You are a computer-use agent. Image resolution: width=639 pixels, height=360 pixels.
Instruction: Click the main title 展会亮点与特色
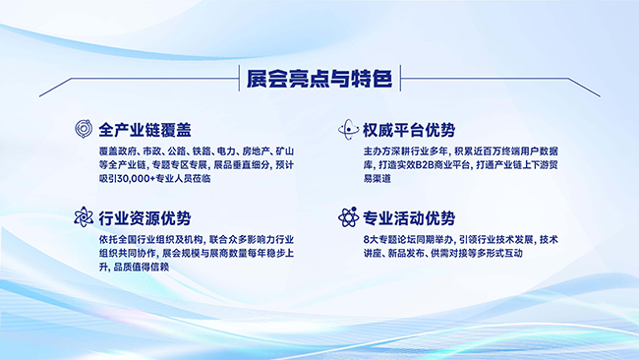(x=319, y=79)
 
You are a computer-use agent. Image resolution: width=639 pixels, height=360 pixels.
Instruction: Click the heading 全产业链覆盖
(x=145, y=130)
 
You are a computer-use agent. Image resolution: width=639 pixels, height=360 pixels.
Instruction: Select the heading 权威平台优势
(x=409, y=130)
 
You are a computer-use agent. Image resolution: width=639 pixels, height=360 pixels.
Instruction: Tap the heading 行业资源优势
(x=145, y=218)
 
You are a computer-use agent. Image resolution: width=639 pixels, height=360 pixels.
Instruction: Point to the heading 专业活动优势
(x=409, y=218)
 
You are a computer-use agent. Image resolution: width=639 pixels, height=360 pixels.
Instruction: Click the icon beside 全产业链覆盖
(x=84, y=129)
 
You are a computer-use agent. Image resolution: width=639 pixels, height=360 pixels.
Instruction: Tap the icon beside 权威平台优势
(x=348, y=129)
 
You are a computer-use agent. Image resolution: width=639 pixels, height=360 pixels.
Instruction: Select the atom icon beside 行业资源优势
(x=84, y=217)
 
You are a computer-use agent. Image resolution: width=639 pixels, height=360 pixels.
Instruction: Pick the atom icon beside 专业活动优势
(x=348, y=217)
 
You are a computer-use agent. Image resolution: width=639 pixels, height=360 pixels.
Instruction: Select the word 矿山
(x=285, y=151)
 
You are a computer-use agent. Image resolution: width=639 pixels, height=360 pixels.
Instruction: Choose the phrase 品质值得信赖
(x=142, y=267)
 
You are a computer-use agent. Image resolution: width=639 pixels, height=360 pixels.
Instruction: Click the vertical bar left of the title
(x=239, y=78)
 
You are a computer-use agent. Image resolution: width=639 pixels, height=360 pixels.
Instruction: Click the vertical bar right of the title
(x=400, y=78)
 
